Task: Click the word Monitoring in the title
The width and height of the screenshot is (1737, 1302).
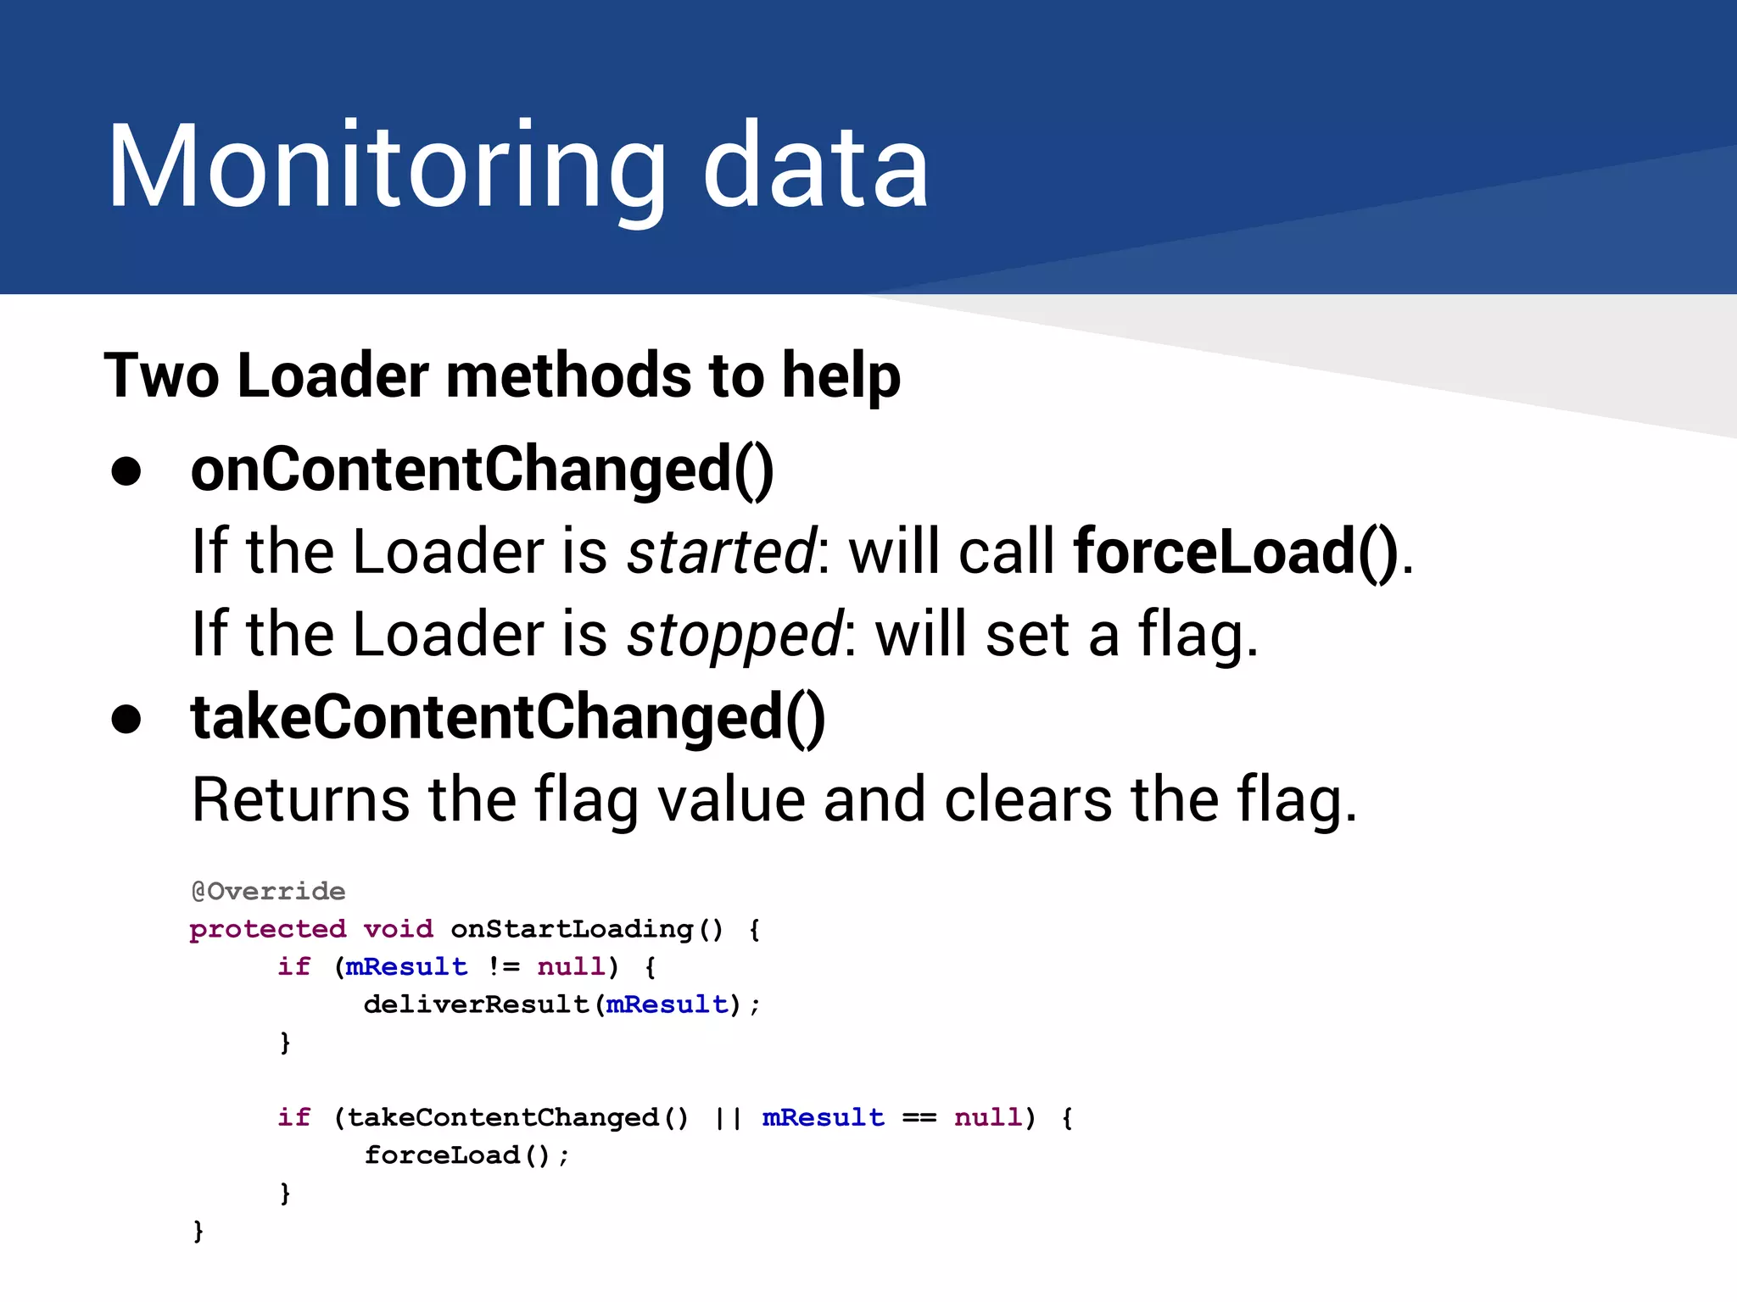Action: point(386,167)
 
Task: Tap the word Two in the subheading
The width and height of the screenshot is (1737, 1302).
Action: point(161,376)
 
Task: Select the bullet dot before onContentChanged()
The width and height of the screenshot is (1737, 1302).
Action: point(126,471)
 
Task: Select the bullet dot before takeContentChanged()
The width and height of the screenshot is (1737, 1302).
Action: point(126,719)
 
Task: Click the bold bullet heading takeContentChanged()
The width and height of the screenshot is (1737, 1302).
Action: point(507,718)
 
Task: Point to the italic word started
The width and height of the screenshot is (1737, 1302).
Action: point(722,552)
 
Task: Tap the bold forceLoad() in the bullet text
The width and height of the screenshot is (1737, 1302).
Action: point(1235,552)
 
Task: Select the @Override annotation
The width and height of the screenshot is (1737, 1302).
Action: point(268,892)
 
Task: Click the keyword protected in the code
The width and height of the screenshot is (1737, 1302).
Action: point(268,930)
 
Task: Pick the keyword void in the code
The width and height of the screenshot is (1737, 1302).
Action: point(398,930)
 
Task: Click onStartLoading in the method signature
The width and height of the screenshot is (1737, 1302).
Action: point(572,930)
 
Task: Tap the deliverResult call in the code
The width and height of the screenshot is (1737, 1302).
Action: point(476,1005)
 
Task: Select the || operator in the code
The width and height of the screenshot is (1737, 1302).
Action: point(728,1118)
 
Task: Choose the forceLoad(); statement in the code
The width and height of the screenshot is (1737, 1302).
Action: point(466,1155)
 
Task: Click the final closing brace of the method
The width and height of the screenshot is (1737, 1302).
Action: point(198,1230)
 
